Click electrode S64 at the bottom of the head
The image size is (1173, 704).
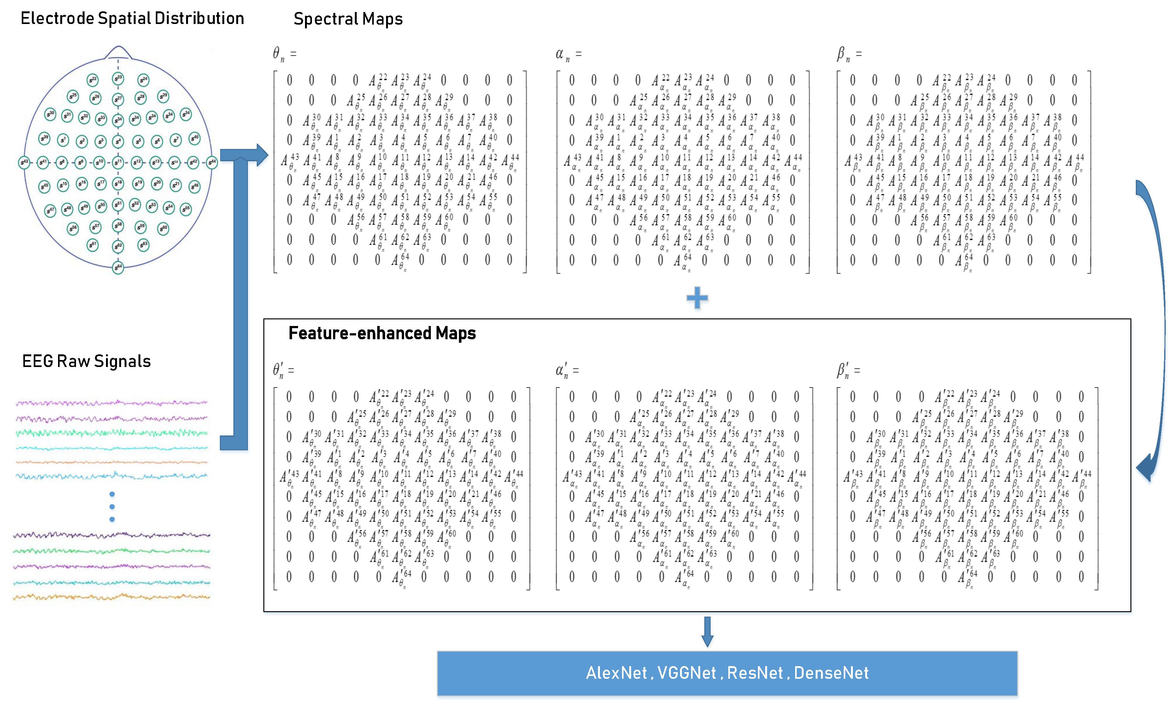[118, 268]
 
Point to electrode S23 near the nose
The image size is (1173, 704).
[118, 78]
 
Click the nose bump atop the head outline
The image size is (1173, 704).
[118, 51]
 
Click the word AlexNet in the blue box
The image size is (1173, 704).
[616, 673]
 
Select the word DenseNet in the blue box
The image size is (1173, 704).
[831, 673]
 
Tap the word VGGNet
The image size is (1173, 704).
[687, 673]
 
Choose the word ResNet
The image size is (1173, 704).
[755, 673]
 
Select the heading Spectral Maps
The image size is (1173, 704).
[348, 19]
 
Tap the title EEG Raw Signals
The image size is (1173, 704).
[86, 362]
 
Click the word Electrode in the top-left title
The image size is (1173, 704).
[57, 19]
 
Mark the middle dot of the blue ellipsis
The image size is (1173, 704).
[112, 507]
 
